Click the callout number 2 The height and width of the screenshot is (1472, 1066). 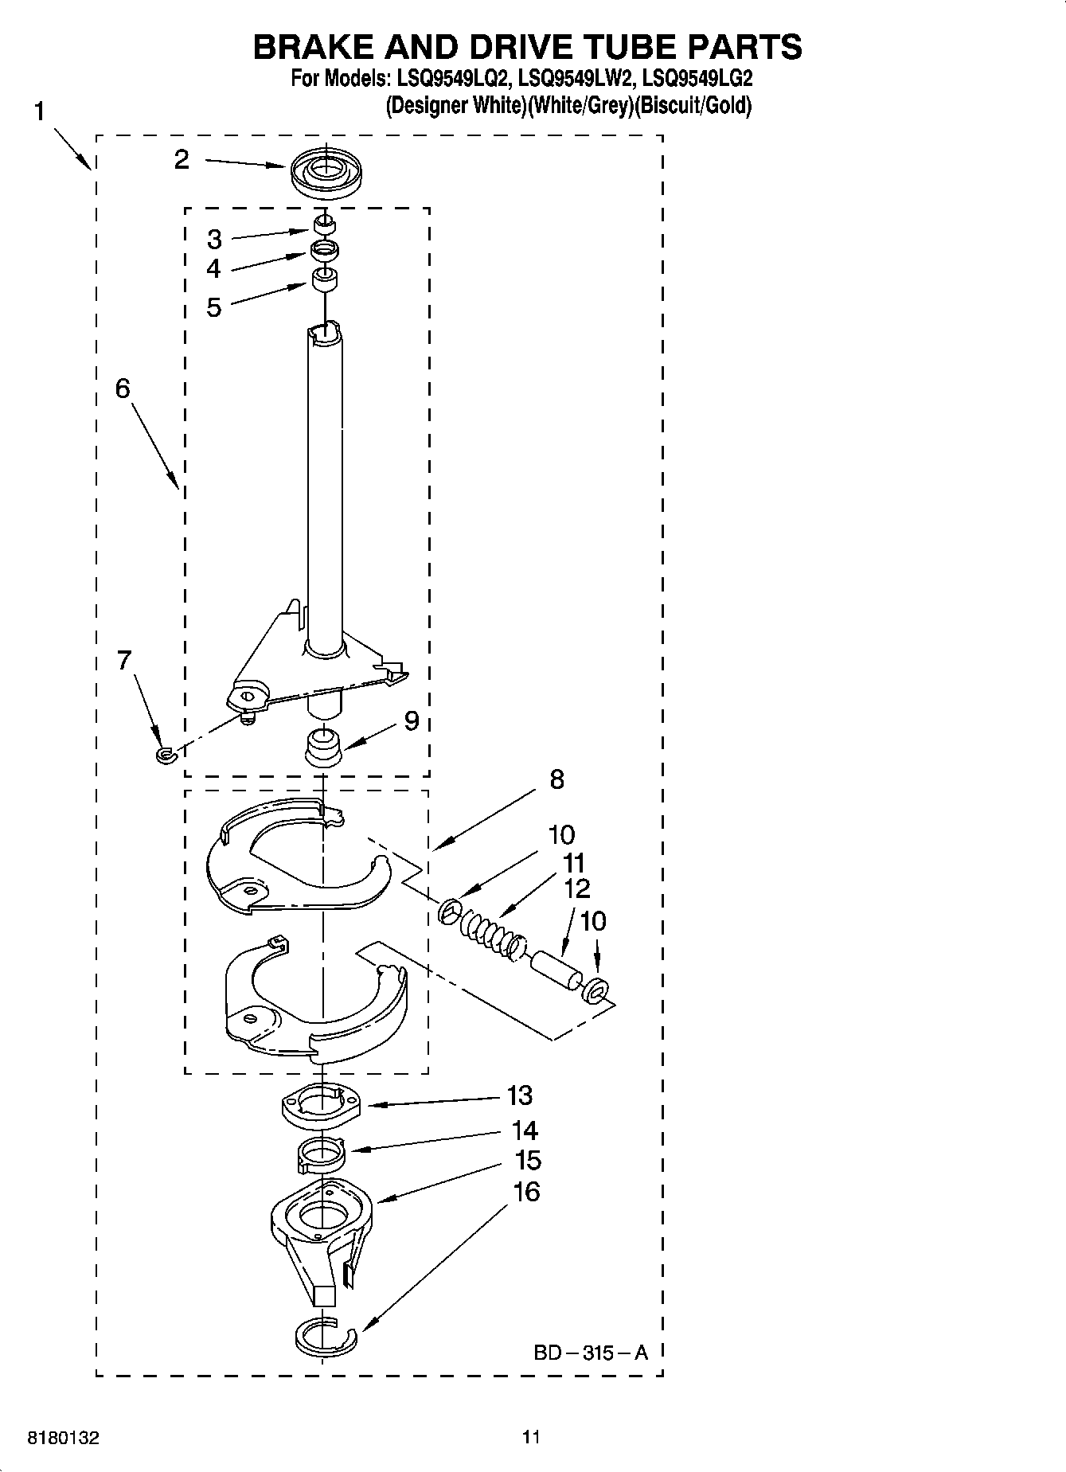coord(182,160)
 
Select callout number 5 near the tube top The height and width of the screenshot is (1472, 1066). coord(213,307)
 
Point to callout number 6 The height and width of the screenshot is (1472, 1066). coord(123,388)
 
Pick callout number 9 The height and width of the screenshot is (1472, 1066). coord(411,720)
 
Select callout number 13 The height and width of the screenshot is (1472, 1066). coord(519,1095)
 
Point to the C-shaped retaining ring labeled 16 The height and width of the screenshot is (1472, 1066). coord(322,1337)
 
